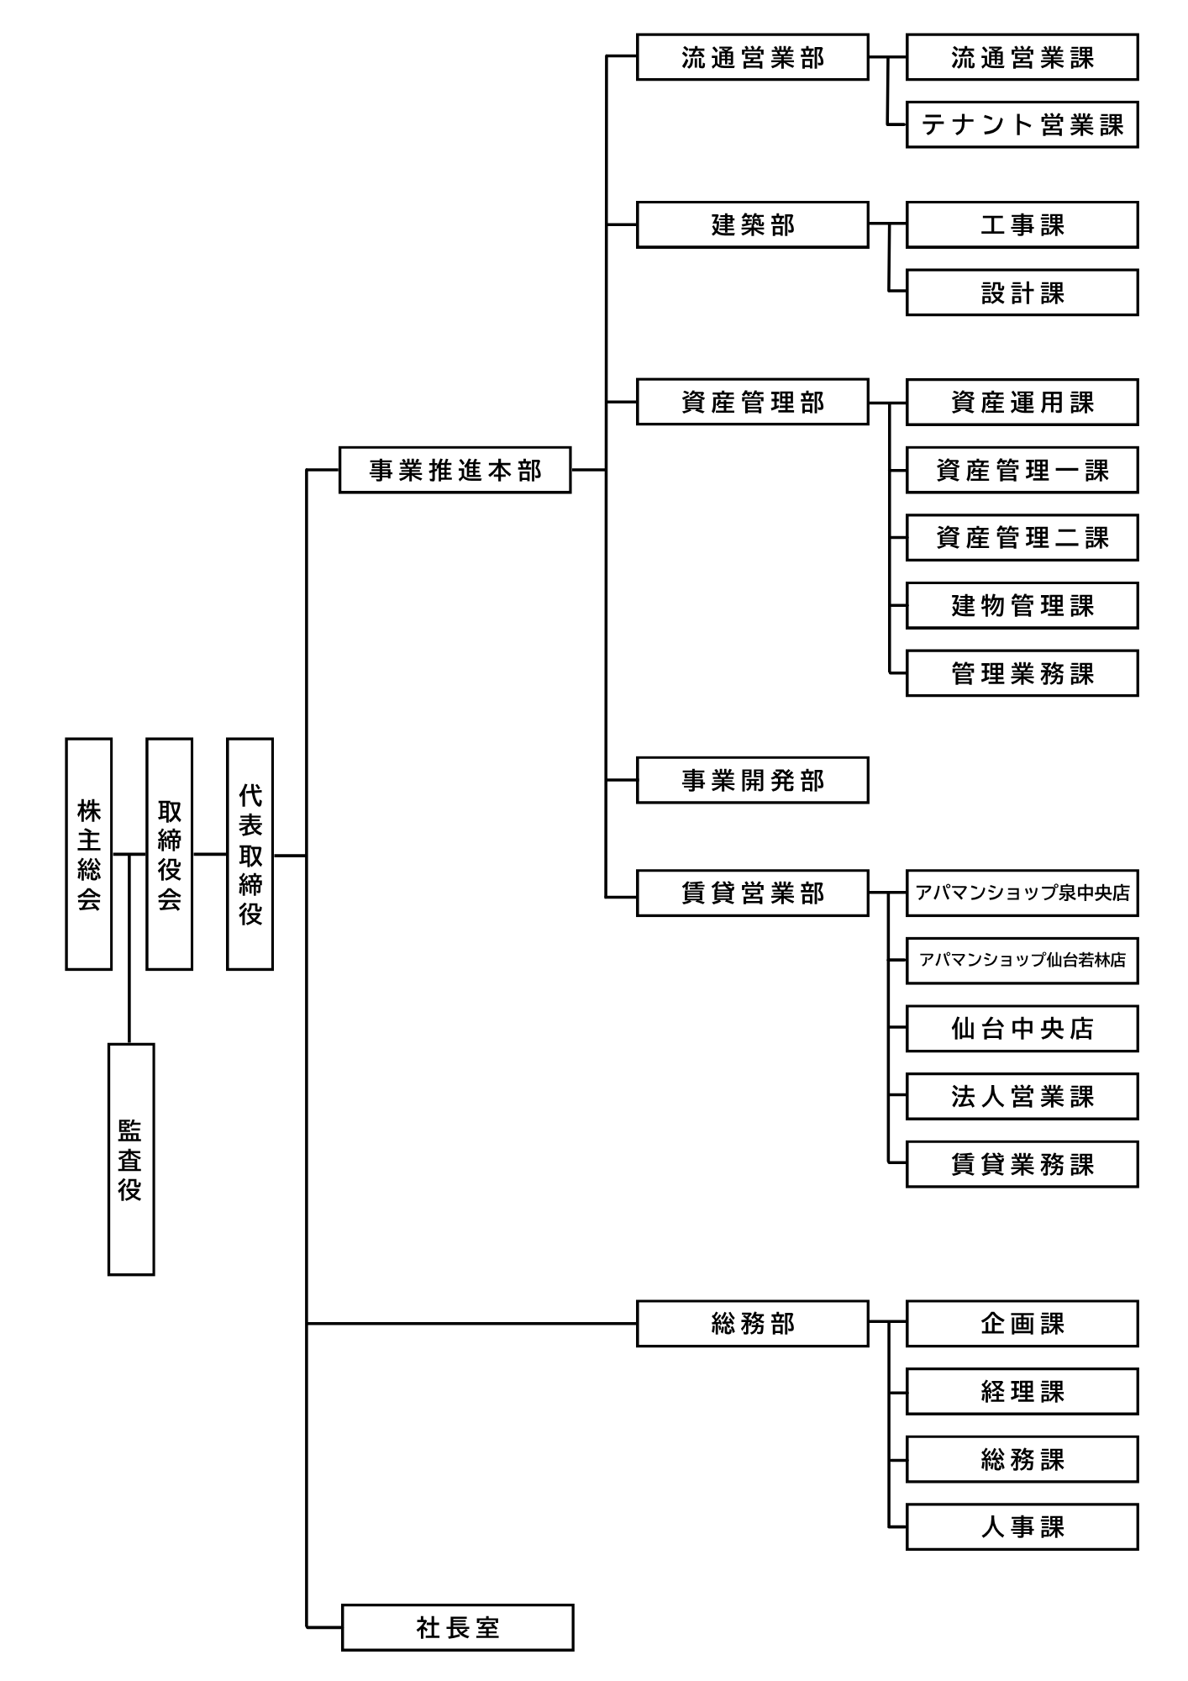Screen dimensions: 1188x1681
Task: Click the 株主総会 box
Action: click(x=89, y=854)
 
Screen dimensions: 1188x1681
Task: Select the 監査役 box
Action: click(x=131, y=1159)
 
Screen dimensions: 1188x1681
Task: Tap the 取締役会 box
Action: click(x=170, y=854)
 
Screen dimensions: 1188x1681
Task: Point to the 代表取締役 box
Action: click(x=250, y=854)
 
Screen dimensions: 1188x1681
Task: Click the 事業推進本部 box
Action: click(x=455, y=470)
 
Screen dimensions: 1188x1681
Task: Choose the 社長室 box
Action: click(x=458, y=1627)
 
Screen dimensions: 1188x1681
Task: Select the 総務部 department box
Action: click(x=753, y=1324)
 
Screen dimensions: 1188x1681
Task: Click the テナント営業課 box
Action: click(x=1022, y=124)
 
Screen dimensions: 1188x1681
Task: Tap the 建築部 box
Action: click(x=753, y=224)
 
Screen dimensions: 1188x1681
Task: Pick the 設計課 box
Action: click(x=1022, y=292)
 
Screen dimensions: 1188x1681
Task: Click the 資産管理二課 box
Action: click(x=1022, y=538)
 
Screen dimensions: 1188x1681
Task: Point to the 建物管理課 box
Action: click(x=1022, y=605)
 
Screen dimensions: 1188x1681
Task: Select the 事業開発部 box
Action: click(x=753, y=780)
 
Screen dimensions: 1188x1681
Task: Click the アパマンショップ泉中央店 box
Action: click(x=1022, y=893)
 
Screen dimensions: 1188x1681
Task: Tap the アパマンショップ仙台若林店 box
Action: click(x=1022, y=961)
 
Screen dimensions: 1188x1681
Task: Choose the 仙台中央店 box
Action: click(x=1022, y=1029)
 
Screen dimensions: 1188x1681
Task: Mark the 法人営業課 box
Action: click(x=1022, y=1096)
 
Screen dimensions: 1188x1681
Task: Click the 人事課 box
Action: click(x=1022, y=1526)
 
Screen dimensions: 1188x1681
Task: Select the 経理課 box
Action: click(x=1022, y=1392)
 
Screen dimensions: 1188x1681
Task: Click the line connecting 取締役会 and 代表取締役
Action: click(x=210, y=855)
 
